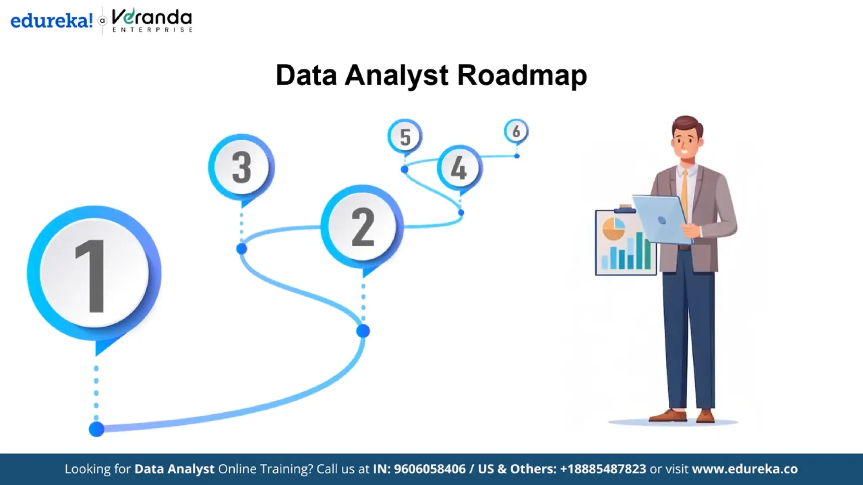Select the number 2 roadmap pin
click(362, 227)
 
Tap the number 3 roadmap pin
click(241, 167)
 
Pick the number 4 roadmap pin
click(459, 168)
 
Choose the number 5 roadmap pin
click(405, 136)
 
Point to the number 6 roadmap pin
click(516, 131)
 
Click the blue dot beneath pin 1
click(96, 429)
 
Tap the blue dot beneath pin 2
click(363, 331)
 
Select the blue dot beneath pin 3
click(241, 249)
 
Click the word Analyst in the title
click(397, 76)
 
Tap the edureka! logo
click(51, 20)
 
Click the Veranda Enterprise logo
click(152, 20)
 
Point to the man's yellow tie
click(685, 194)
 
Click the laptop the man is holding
click(662, 219)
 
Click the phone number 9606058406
click(429, 469)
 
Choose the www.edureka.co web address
click(745, 469)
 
